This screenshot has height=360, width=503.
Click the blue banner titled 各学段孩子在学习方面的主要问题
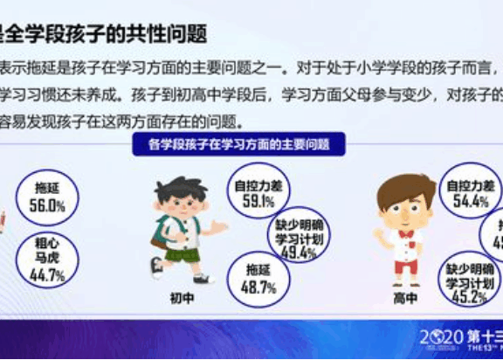click(243, 144)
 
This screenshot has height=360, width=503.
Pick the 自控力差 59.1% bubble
click(255, 192)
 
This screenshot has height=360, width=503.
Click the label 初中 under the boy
click(181, 297)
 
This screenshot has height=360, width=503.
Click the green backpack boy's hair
click(179, 189)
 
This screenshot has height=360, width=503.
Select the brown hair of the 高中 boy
click(405, 186)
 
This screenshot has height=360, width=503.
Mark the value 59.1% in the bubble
click(255, 200)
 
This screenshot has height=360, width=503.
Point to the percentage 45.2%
click(470, 296)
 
